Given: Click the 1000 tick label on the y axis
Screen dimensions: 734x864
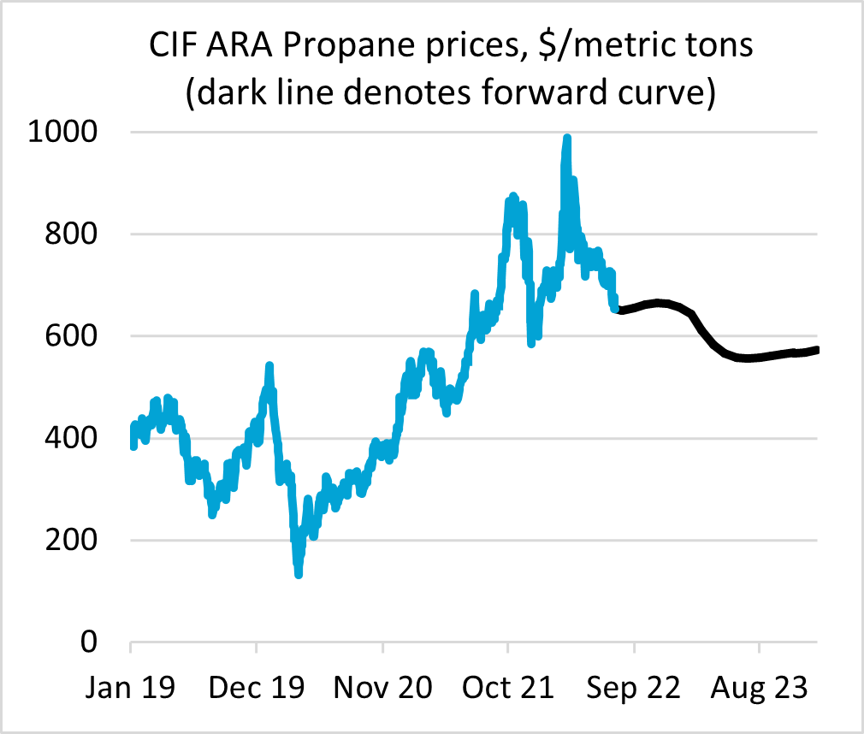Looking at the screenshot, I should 63,133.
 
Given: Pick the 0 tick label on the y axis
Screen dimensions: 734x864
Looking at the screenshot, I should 93,642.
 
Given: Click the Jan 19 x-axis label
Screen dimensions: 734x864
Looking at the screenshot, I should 130,688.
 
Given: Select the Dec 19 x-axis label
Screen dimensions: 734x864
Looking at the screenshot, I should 257,688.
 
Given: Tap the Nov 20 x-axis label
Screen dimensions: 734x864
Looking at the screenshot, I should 383,688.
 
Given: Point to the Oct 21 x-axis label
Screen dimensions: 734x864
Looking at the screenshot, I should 508,688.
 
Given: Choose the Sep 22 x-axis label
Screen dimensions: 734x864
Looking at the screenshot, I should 634,688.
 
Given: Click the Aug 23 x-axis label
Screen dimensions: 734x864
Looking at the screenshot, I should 760,688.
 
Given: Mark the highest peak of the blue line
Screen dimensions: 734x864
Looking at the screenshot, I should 566,139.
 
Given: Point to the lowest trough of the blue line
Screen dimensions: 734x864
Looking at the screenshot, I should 299,573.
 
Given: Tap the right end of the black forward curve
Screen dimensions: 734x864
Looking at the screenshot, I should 817,349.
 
